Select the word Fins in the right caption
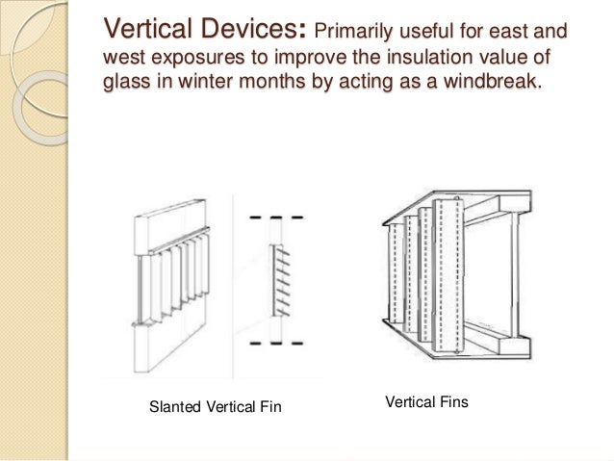pyautogui.click(x=448, y=399)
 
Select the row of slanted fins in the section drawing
pyautogui.click(x=279, y=278)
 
